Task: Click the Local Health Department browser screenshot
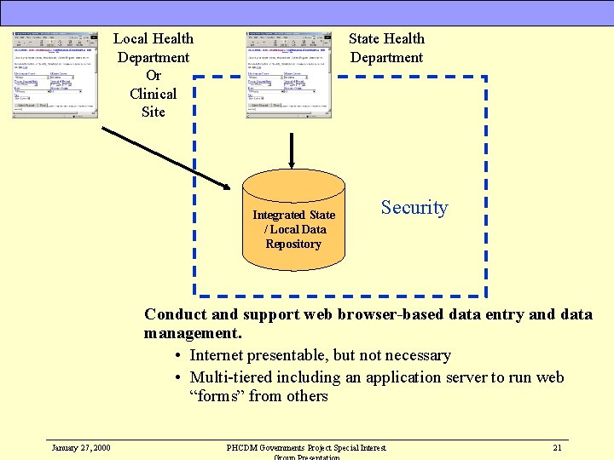[x=55, y=74]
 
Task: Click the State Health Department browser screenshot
[x=288, y=74]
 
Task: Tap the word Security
[x=414, y=208]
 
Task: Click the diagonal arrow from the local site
[x=166, y=158]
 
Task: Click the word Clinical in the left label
[x=153, y=94]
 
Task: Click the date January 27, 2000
[x=80, y=447]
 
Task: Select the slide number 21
[x=557, y=447]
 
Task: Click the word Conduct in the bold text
[x=175, y=314]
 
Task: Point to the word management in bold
[x=191, y=333]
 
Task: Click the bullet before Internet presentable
[x=177, y=356]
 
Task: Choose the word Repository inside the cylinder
[x=293, y=244]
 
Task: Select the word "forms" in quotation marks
[x=215, y=396]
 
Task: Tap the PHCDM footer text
[x=306, y=447]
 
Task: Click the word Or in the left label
[x=153, y=75]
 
